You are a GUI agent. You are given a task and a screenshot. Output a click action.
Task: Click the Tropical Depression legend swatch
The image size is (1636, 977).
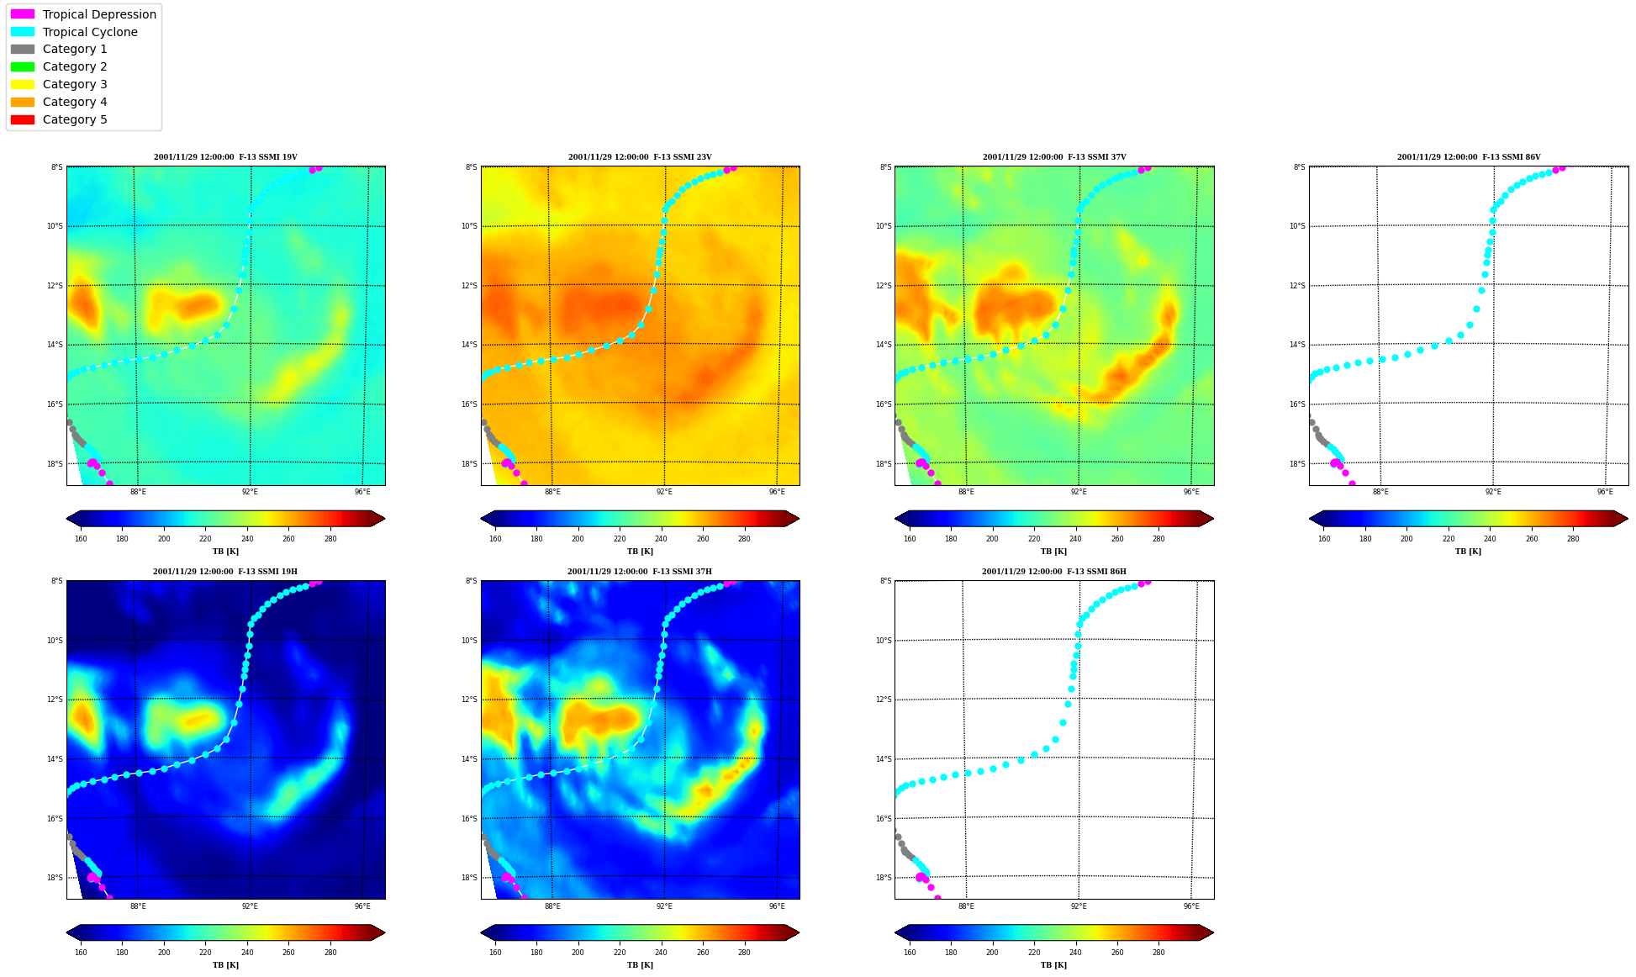(x=23, y=14)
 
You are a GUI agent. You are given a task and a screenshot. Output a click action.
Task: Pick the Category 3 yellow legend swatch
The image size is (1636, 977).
(x=23, y=84)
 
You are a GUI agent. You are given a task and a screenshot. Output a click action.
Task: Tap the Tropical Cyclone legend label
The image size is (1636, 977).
(x=90, y=32)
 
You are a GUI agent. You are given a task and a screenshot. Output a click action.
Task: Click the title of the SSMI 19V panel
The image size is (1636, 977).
(x=225, y=157)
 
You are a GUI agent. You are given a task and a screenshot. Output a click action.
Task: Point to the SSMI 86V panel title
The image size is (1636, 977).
(x=1469, y=157)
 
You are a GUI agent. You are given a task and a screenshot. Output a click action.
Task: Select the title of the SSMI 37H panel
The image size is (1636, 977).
(x=640, y=572)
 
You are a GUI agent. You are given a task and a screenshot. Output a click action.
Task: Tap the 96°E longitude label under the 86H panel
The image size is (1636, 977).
(x=1191, y=906)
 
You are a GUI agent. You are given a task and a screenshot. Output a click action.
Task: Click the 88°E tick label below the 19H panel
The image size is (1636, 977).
(x=138, y=906)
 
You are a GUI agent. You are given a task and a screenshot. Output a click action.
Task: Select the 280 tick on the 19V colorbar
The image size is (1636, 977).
(x=330, y=539)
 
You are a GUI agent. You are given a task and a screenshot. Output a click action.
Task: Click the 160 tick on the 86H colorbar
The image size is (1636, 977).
(x=910, y=953)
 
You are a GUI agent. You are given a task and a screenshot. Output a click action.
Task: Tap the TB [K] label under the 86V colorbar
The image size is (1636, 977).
(x=1468, y=552)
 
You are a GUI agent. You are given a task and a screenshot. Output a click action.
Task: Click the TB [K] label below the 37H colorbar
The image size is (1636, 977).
(x=640, y=965)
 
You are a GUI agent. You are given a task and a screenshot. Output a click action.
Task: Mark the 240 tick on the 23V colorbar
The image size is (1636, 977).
(x=661, y=539)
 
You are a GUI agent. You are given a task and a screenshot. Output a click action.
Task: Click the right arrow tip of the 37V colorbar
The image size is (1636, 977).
(x=1213, y=519)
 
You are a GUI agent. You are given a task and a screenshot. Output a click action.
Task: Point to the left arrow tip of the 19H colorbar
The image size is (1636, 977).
(x=66, y=932)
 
